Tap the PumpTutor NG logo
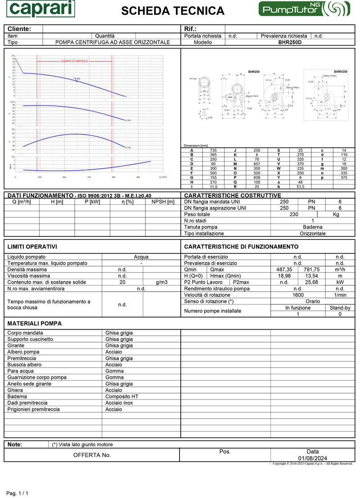304,9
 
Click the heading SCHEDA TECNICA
173,11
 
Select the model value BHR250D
290,42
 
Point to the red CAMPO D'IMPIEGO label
74,61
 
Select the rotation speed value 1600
298,295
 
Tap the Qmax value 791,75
312,270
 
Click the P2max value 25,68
312,282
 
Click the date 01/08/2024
312,458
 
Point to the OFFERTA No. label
92,455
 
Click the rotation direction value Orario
312,301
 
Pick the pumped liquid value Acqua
141,257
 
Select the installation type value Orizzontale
312,234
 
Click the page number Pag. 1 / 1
17,493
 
